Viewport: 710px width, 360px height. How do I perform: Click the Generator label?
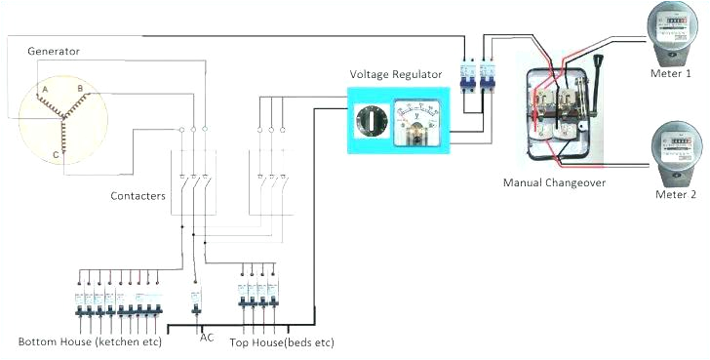(x=54, y=50)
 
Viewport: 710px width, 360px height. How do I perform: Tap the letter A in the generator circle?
(x=43, y=89)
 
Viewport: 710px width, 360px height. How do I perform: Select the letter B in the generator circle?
(x=81, y=89)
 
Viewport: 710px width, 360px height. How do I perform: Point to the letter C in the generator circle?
(x=56, y=153)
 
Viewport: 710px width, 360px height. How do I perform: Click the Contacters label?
(x=138, y=196)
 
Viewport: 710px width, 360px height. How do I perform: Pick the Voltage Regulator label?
(x=396, y=74)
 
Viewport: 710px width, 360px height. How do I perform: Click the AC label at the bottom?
(x=207, y=338)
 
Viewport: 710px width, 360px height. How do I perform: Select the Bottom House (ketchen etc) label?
(x=90, y=342)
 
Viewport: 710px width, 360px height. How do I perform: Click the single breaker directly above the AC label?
(x=195, y=300)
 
